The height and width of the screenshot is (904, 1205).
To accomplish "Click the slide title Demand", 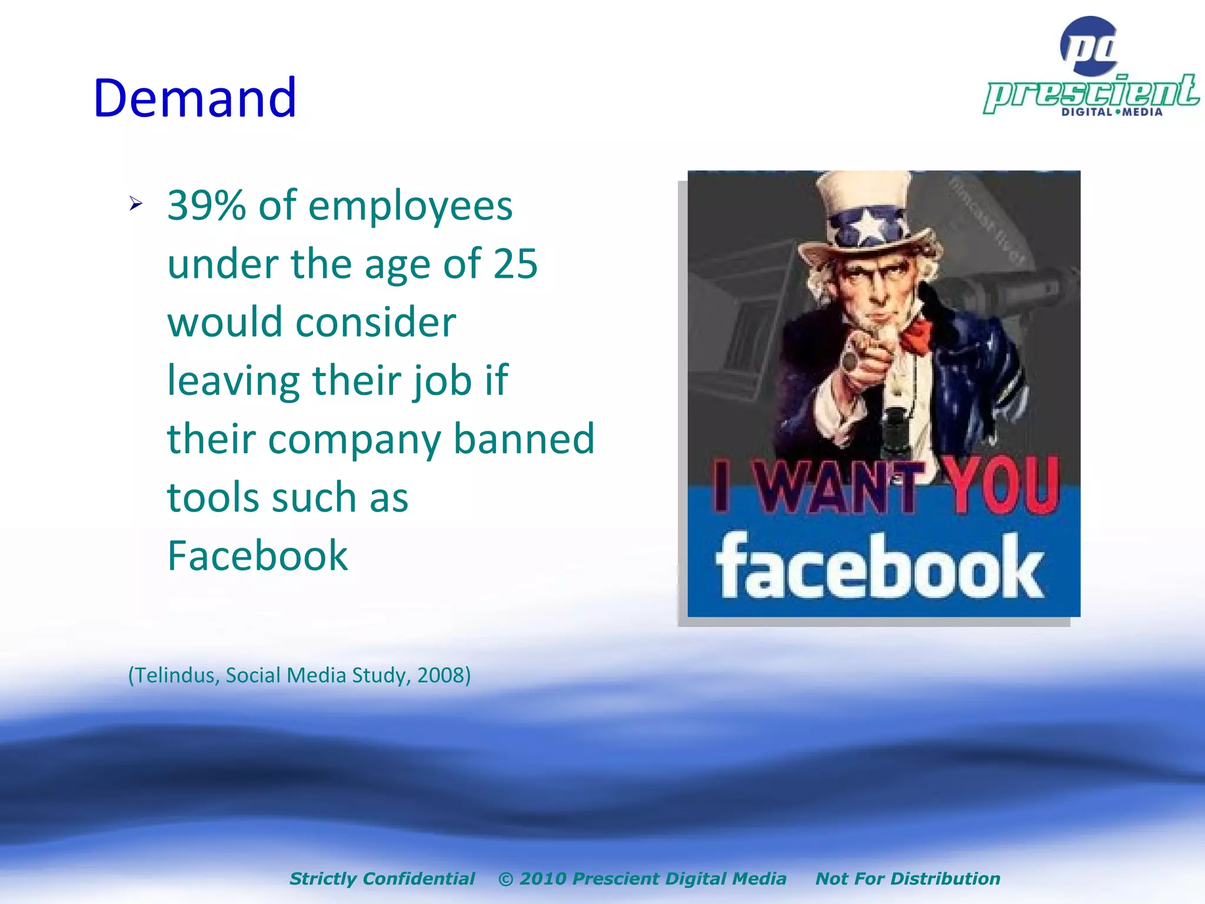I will coord(195,98).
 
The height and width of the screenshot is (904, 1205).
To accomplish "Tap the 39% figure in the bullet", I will coord(207,206).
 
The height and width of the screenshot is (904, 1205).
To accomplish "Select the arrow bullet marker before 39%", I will coord(136,204).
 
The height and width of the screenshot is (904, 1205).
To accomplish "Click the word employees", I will coord(410,206).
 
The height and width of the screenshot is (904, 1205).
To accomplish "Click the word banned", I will coord(524,439).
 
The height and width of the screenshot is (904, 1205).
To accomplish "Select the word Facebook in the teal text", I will coord(258,556).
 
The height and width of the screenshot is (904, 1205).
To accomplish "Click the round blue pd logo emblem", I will coord(1090,46).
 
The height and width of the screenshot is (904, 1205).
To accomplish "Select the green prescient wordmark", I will coord(1091,92).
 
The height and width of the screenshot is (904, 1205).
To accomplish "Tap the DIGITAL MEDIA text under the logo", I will coord(1111,112).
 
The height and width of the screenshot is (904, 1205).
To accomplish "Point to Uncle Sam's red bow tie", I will coord(916,335).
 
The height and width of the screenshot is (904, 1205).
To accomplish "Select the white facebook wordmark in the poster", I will coord(880,566).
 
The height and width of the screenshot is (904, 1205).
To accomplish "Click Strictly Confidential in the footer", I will coord(382,879).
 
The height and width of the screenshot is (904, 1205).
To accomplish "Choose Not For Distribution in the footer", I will coord(907,879).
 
